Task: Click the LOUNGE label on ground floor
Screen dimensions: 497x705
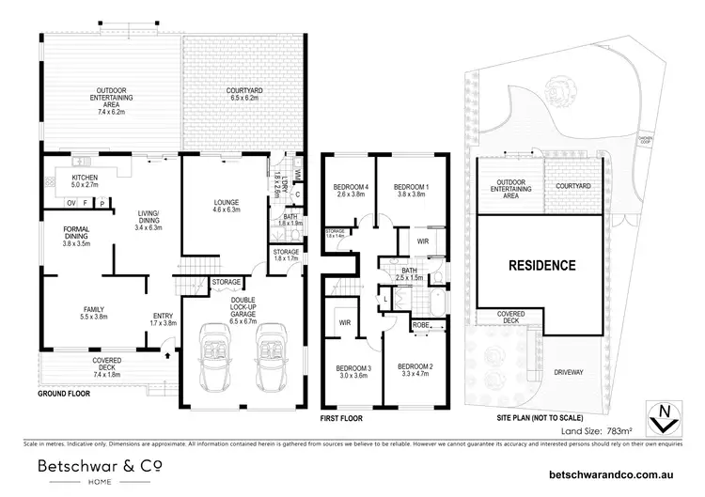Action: (x=226, y=206)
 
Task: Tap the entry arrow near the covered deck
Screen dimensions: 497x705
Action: (x=166, y=355)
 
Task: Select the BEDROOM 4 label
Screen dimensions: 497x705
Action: (x=347, y=191)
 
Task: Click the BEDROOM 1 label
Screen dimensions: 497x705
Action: (x=411, y=191)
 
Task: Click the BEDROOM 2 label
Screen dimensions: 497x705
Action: (x=414, y=369)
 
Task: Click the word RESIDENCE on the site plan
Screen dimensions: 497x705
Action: (x=541, y=266)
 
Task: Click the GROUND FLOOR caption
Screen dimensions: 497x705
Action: (x=65, y=395)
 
